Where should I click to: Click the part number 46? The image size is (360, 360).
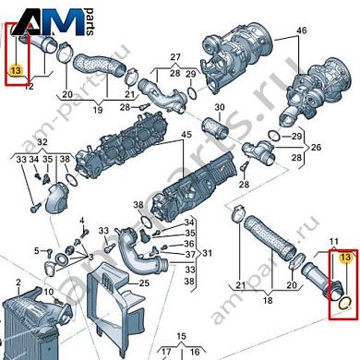[300, 30]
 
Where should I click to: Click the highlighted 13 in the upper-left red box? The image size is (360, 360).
[15, 70]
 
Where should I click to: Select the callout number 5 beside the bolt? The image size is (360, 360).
[37, 249]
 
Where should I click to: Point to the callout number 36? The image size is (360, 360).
[189, 243]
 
